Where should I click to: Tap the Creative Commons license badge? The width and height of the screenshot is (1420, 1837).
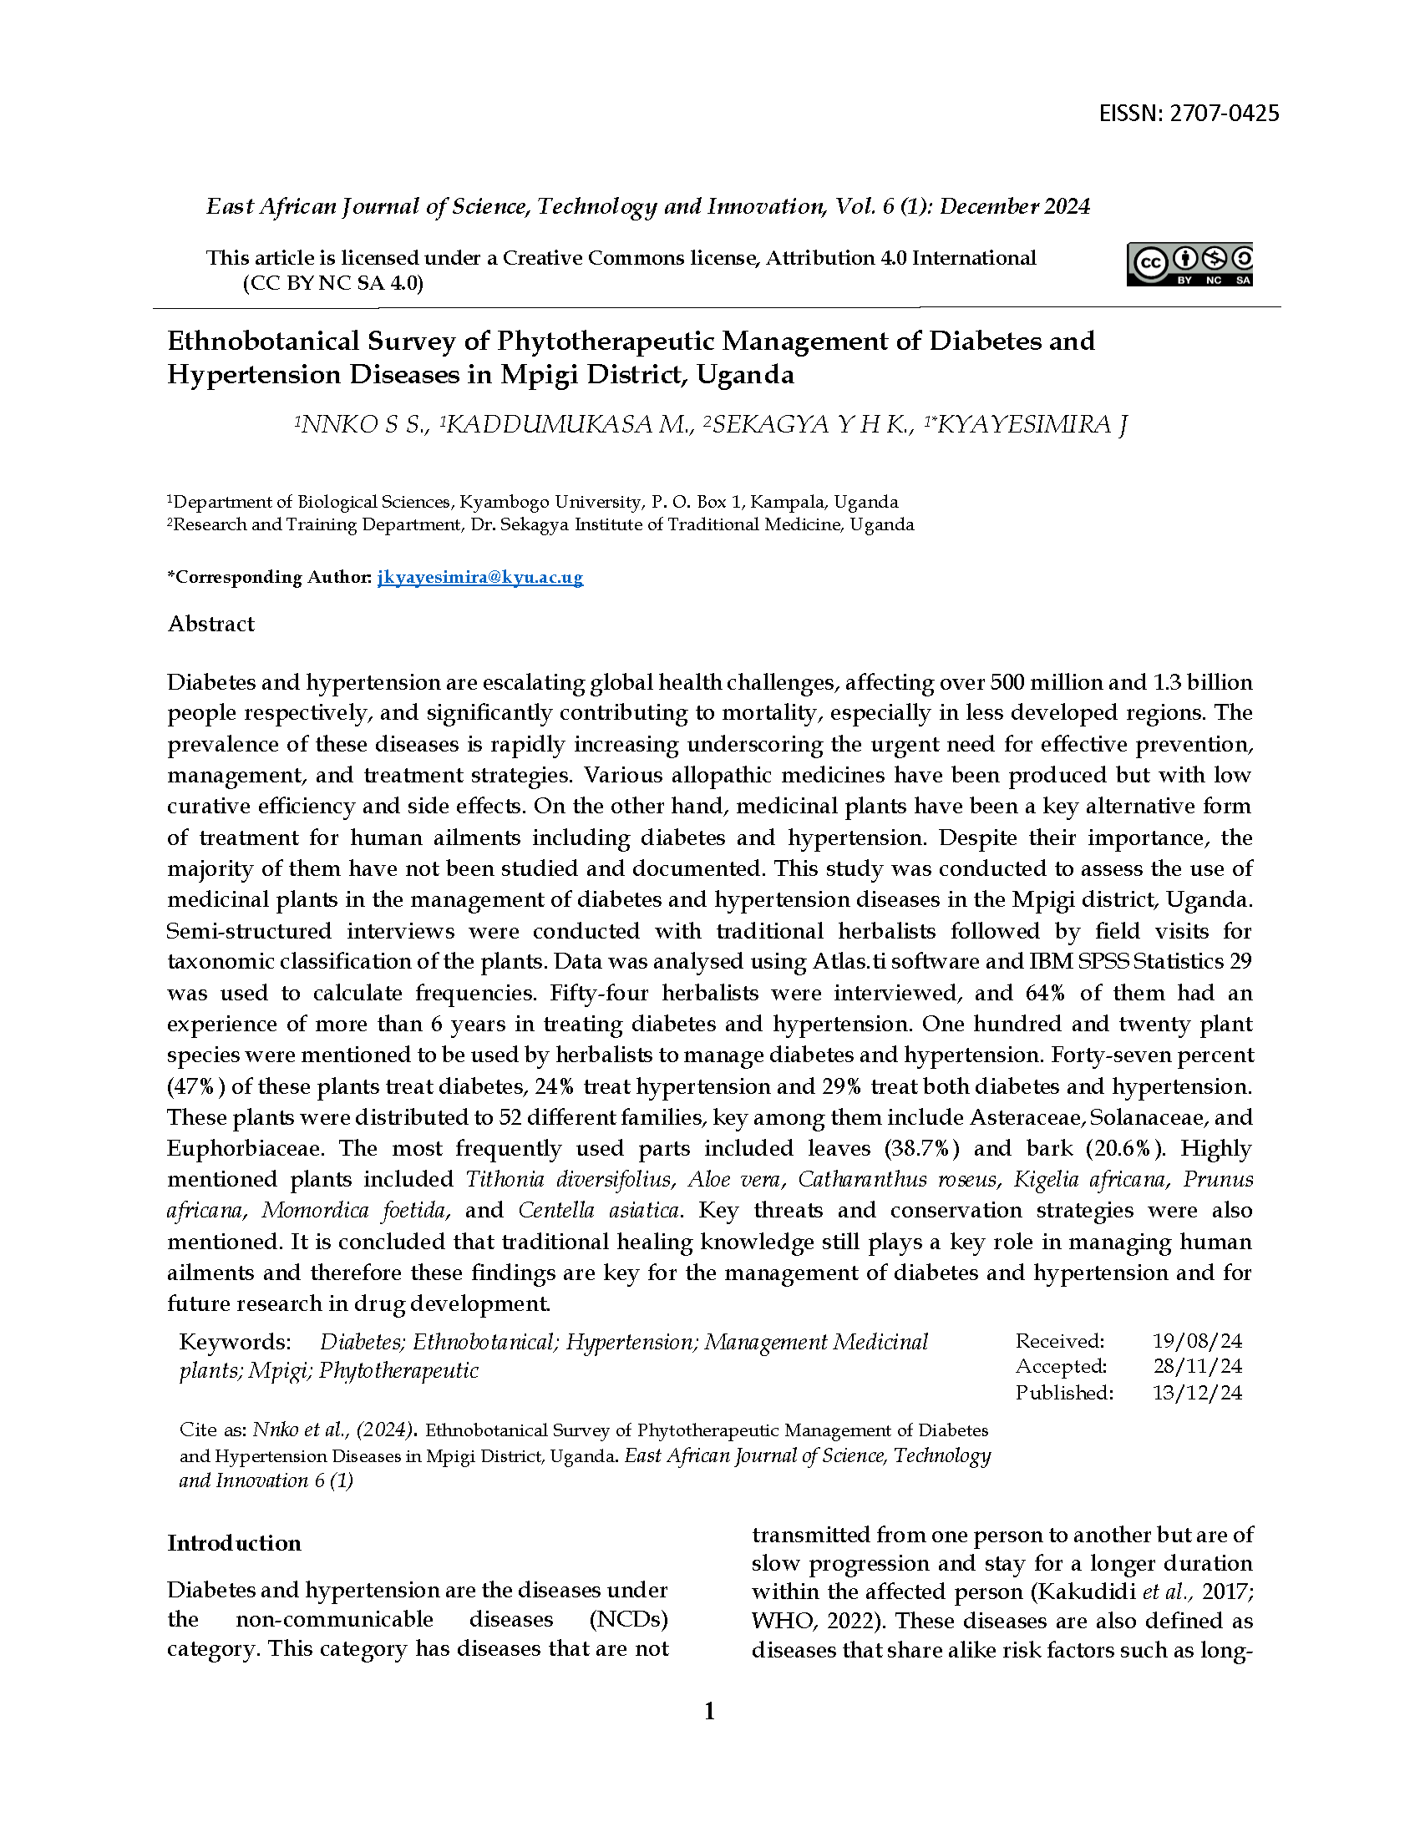[1189, 265]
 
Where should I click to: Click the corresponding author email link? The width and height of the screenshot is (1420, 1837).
[479, 577]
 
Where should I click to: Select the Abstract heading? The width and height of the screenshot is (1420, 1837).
[211, 624]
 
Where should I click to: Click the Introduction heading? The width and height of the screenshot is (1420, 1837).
[234, 1542]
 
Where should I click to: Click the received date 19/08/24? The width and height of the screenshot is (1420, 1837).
[1196, 1341]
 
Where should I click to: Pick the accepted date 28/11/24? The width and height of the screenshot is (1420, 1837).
[1196, 1366]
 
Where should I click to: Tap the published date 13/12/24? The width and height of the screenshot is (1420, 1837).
[1196, 1392]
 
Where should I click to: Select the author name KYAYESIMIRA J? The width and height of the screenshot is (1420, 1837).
[1031, 425]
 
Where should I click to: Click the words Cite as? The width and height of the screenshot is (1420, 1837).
[212, 1430]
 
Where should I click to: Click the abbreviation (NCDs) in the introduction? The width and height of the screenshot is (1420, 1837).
[628, 1618]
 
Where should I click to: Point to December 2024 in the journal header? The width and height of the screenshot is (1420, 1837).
[1015, 207]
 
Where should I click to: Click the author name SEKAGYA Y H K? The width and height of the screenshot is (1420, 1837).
[809, 425]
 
